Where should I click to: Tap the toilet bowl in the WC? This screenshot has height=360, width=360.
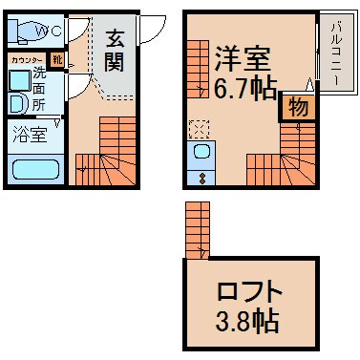coord(23,31)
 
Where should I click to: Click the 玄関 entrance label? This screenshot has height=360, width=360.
coord(116,52)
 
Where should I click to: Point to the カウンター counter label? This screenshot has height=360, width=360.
coord(26,60)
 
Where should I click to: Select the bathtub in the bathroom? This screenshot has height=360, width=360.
coord(35,170)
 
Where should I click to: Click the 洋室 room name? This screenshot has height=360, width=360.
coord(244,56)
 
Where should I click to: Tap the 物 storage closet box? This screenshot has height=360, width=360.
coord(298,108)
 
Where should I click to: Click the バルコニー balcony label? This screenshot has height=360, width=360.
coord(337,53)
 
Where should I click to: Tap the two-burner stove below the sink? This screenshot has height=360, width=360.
coord(202,177)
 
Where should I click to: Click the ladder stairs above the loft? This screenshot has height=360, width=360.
coord(198,230)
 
